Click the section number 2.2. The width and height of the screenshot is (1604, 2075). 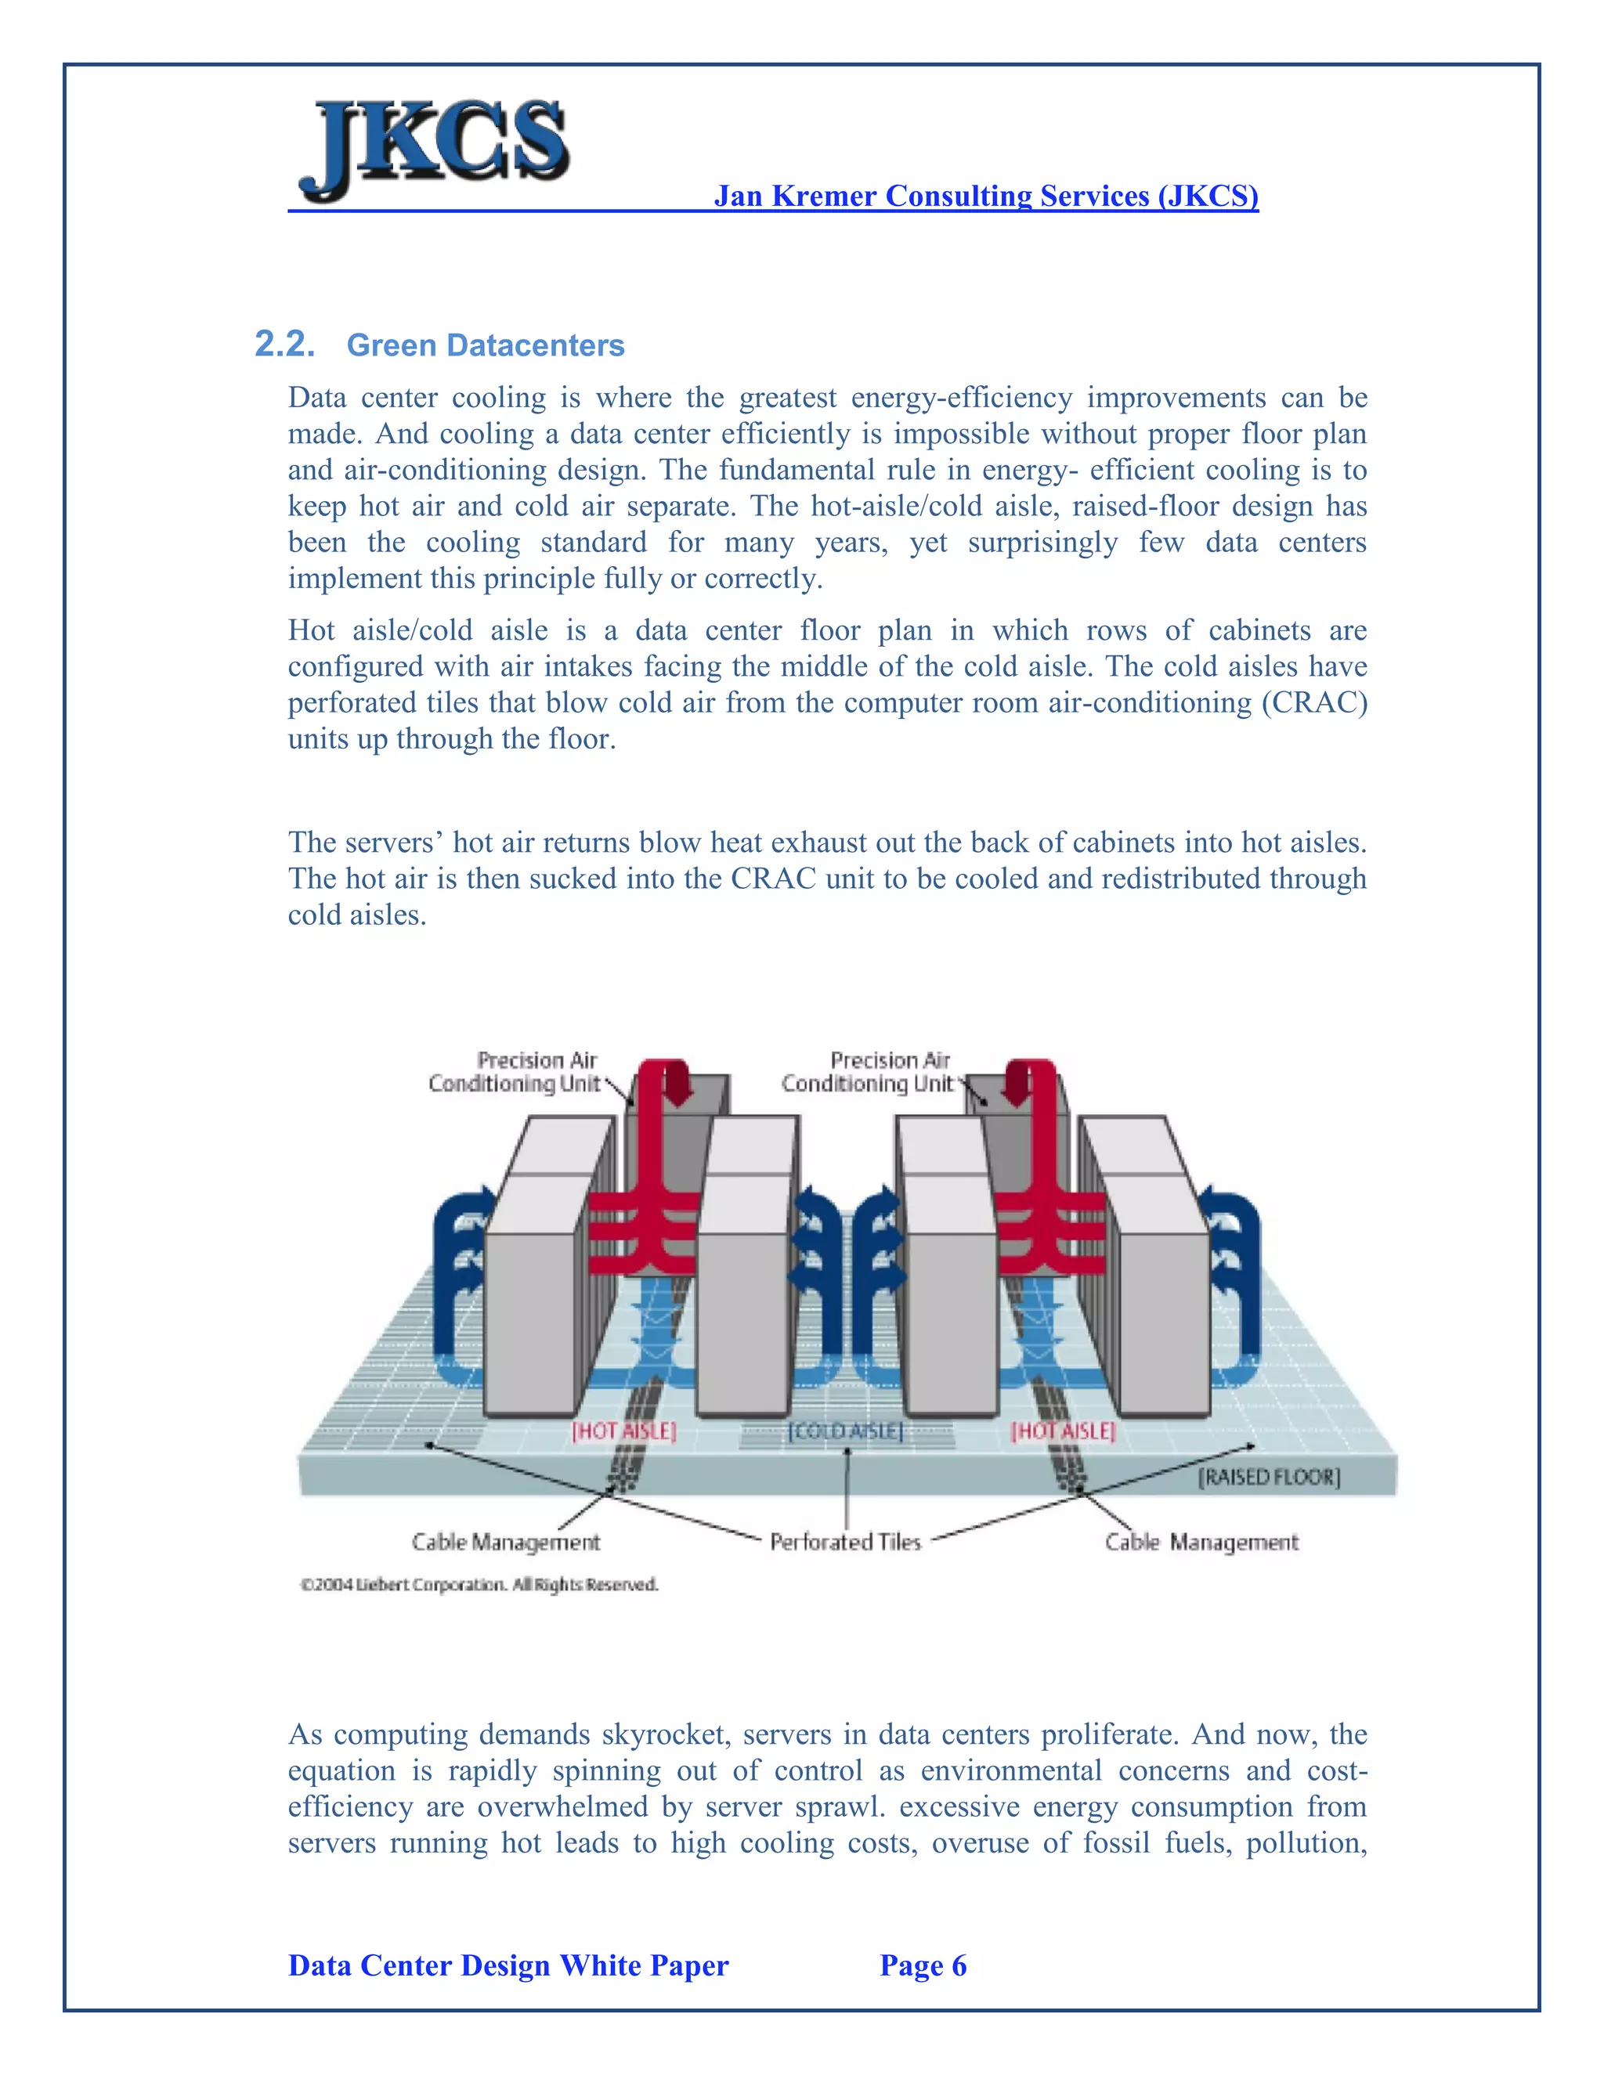pyautogui.click(x=285, y=344)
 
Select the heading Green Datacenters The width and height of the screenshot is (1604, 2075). pyautogui.click(x=485, y=345)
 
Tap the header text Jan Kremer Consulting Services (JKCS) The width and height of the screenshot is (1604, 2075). pyautogui.click(x=985, y=196)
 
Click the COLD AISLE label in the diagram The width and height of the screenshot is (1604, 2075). pyautogui.click(x=845, y=1431)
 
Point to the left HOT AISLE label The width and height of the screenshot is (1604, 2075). pyautogui.click(x=623, y=1431)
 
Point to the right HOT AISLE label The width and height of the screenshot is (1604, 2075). pyautogui.click(x=1062, y=1431)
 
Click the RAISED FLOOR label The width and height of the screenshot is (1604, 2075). pyautogui.click(x=1268, y=1477)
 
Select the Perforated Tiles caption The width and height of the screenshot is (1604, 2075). pyautogui.click(x=845, y=1542)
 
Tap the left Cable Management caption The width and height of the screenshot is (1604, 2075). pyautogui.click(x=505, y=1542)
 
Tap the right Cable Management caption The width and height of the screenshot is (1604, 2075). pyautogui.click(x=1201, y=1542)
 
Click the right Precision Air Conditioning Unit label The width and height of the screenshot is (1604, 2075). pyautogui.click(x=867, y=1072)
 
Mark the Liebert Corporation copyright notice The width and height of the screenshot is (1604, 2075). pyautogui.click(x=479, y=1585)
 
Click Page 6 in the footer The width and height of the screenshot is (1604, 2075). pyautogui.click(x=923, y=1965)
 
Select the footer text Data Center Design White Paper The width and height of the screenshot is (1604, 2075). pyautogui.click(x=508, y=1965)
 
